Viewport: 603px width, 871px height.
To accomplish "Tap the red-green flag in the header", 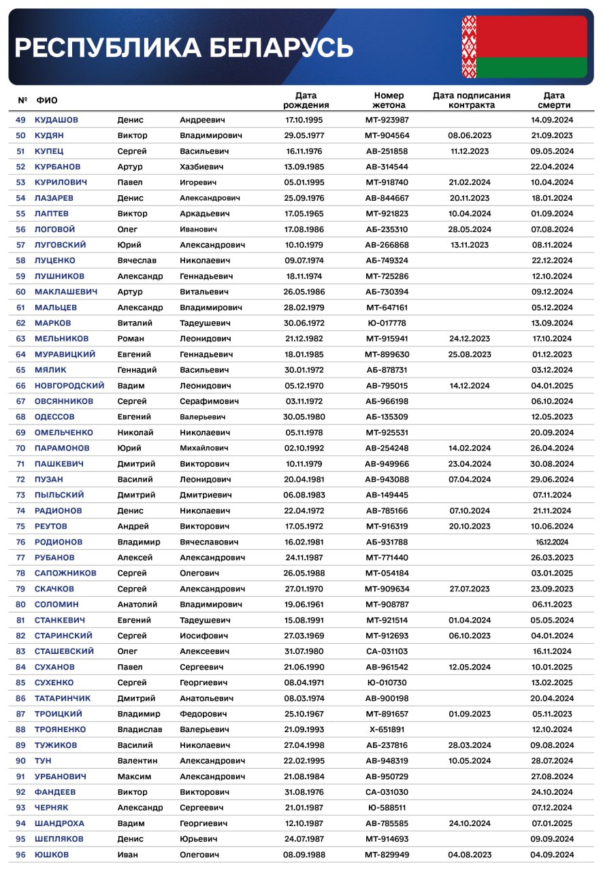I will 523,46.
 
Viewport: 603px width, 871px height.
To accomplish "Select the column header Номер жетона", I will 389,100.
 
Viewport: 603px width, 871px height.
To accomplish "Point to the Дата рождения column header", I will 306,100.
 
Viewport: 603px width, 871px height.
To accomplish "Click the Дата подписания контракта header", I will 472,100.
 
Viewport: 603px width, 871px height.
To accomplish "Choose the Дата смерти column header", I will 554,100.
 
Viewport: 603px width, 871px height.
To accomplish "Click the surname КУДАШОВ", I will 56,120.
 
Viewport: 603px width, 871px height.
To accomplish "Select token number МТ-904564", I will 387,135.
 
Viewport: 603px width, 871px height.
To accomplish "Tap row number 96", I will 20,855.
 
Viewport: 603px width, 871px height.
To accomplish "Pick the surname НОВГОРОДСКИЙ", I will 69,386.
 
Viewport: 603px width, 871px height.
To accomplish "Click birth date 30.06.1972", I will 304,323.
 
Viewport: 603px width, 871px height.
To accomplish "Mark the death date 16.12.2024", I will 552,542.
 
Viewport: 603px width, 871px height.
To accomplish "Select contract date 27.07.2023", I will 470,589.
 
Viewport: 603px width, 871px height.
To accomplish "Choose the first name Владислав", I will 140,729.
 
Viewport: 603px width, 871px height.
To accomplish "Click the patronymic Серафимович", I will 209,401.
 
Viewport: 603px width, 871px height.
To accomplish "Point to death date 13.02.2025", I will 552,683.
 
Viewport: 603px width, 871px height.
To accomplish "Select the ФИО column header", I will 47,101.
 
